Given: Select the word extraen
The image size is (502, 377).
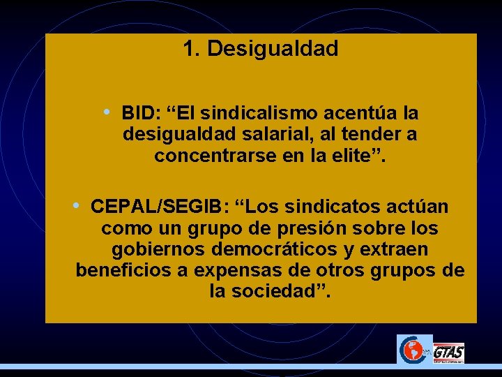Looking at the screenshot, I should tap(395, 250).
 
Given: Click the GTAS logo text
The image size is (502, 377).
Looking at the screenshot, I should tap(448, 353).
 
